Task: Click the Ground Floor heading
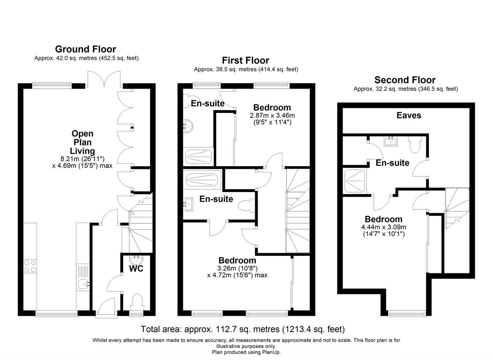[85, 49]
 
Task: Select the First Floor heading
[246, 60]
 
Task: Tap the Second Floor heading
[405, 80]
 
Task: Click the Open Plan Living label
[83, 142]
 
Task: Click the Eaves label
[409, 115]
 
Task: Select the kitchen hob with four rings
[30, 266]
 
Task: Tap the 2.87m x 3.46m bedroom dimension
[272, 119]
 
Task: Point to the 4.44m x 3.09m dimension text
[383, 231]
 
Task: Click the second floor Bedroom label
[383, 219]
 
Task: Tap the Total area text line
[242, 329]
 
